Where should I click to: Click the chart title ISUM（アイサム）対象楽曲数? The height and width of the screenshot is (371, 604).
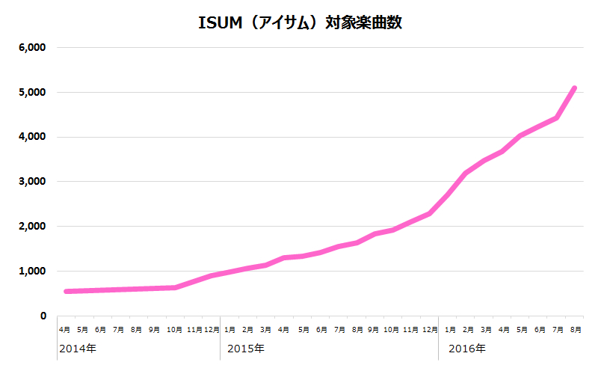point(301,22)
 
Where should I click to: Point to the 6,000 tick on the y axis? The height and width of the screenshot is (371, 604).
point(32,48)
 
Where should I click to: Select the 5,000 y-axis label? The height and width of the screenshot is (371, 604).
point(32,93)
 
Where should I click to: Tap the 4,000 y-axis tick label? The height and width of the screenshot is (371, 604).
point(32,138)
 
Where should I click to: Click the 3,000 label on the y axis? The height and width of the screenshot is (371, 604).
point(32,182)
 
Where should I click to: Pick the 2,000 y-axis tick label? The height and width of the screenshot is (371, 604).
point(32,227)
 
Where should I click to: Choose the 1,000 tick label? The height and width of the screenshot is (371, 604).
point(32,272)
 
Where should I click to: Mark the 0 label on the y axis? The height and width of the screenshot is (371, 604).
point(43,316)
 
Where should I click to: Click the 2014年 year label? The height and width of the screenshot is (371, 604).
point(78,349)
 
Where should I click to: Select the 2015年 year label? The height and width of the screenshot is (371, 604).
point(246,349)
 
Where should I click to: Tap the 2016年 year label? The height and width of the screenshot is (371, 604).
point(466,349)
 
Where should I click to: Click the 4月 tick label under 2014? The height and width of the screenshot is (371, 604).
point(65,329)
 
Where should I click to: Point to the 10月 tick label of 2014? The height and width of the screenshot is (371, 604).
point(174,329)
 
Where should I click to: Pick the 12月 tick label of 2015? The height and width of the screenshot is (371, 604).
point(430,329)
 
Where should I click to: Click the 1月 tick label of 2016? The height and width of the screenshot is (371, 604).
point(450,329)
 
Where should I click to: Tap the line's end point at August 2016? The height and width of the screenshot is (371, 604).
point(574,88)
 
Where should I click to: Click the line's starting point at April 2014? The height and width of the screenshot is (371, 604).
point(66,291)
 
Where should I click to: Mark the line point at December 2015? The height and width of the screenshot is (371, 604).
point(430,214)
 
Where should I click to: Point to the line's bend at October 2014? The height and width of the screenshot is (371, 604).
point(175,287)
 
